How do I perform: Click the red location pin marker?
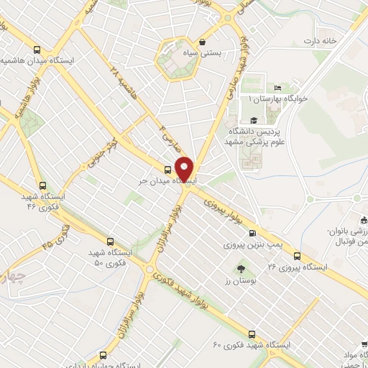click(185, 169)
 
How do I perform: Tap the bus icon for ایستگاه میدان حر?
click(167, 170)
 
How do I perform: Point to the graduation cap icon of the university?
click(253, 121)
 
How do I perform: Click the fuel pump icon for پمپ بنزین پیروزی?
click(252, 233)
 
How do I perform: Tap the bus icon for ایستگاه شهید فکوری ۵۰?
click(109, 242)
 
